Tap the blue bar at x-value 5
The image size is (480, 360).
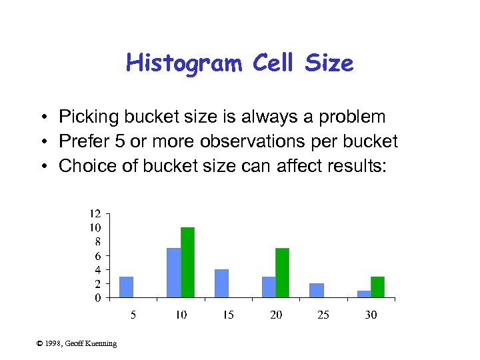pos(126,287)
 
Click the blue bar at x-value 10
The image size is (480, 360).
pos(173,273)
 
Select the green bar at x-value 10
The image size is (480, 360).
pos(187,262)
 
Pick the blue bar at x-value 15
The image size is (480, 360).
pos(221,283)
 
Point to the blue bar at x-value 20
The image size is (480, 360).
pos(269,287)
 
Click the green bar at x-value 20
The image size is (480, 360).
pos(282,273)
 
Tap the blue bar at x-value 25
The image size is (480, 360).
pos(317,290)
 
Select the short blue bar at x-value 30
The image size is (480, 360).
pos(364,294)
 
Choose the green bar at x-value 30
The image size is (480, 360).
pos(377,287)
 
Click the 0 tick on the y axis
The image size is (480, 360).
pos(97,298)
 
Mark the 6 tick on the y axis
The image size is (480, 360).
pos(97,256)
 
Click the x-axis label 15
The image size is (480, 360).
pos(228,315)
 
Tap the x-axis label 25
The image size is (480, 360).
pos(323,315)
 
